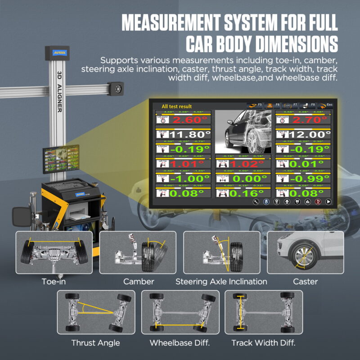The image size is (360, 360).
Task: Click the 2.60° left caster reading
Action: click(x=189, y=120)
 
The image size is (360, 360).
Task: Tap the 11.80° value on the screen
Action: click(x=189, y=134)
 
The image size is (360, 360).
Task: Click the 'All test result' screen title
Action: click(x=177, y=107)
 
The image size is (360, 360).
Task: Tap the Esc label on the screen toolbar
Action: click(x=330, y=104)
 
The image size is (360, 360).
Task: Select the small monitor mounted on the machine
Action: click(x=61, y=159)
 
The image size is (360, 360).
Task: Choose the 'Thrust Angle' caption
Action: click(x=95, y=343)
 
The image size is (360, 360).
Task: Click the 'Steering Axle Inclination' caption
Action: click(x=221, y=282)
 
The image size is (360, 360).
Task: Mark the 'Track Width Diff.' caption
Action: click(x=263, y=343)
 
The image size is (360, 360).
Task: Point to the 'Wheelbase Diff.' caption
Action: click(x=180, y=343)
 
